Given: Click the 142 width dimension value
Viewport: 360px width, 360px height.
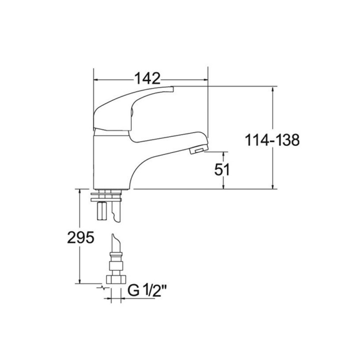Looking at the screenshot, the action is pos(147,78).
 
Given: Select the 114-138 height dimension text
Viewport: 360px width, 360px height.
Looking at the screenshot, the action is pos(272,140).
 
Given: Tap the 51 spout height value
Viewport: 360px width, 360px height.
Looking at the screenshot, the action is pos(222,170).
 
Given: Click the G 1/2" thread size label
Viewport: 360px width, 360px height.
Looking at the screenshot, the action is pos(147,290).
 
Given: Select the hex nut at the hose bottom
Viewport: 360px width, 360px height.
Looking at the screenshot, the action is pos(117,279).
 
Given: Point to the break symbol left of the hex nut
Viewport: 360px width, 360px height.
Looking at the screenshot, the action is pos(103,288).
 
